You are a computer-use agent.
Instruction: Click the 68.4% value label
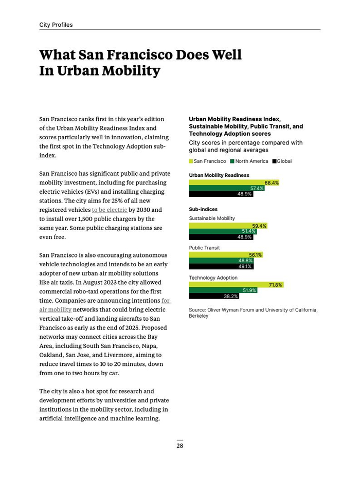point(272,183)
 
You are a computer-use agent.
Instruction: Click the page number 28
point(180,446)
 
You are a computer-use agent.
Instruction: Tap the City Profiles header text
point(56,25)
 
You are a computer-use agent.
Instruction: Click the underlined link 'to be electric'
point(109,210)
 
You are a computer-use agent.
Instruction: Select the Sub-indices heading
point(203,210)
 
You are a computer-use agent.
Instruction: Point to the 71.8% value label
point(275,285)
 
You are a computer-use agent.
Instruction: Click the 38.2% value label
point(230,297)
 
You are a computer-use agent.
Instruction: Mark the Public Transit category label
point(204,248)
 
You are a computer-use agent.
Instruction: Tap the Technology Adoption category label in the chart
point(213,278)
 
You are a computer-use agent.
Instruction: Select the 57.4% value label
point(257,189)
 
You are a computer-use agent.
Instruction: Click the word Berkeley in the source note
point(199,316)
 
